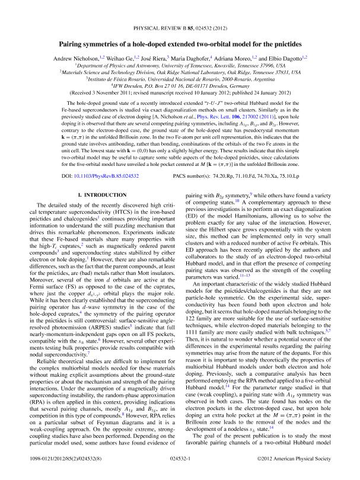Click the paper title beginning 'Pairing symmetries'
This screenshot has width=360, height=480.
pyautogui.click(x=180, y=43)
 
